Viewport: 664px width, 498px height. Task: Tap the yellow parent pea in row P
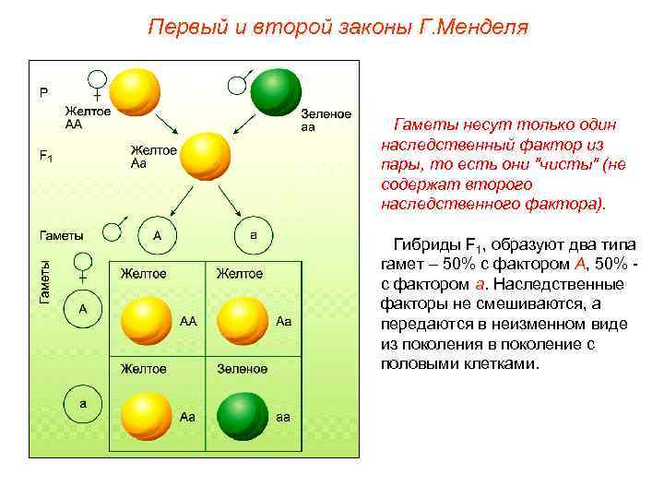(x=136, y=91)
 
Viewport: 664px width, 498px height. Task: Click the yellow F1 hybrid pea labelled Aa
(x=205, y=157)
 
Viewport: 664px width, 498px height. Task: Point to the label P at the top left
(x=42, y=92)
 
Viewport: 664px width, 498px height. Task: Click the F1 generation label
(x=45, y=156)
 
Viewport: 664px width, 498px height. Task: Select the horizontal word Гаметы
(x=60, y=235)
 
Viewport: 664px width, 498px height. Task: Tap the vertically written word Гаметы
(x=44, y=280)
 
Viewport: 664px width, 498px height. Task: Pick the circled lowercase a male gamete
(x=254, y=235)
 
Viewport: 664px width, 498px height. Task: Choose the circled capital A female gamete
(x=83, y=310)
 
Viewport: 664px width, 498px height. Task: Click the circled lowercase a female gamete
(x=83, y=404)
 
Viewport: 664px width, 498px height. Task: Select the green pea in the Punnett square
(x=243, y=417)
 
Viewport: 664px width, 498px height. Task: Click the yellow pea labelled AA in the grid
(x=147, y=320)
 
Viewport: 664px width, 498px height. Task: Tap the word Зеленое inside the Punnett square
(x=242, y=369)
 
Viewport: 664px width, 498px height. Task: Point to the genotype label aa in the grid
(x=283, y=417)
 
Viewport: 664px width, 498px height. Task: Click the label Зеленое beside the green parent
(x=326, y=114)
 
